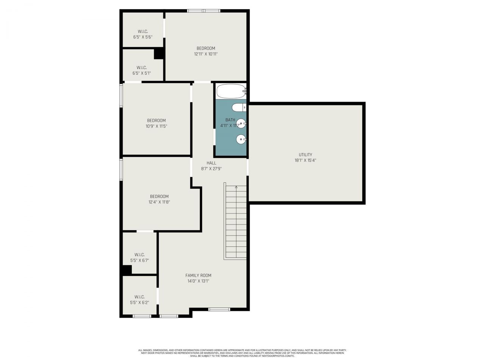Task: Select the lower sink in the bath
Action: pos(241,140)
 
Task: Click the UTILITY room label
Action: pos(305,155)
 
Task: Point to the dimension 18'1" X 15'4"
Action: pos(305,160)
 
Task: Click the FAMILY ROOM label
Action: pos(198,275)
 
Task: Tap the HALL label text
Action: pos(211,163)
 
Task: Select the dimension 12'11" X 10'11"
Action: pos(206,54)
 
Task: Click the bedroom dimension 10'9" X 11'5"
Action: pos(156,126)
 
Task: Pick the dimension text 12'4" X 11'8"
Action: pos(159,202)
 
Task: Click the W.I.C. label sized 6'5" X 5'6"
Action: pos(142,31)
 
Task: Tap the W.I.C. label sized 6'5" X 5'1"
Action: pos(142,67)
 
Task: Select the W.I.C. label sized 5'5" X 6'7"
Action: pos(139,255)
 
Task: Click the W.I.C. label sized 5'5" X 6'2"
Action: pos(139,297)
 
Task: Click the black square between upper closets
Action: pos(159,53)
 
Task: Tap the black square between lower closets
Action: pos(127,270)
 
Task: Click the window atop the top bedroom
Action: pos(204,11)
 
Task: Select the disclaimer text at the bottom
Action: pos(242,353)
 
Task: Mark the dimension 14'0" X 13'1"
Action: pos(198,281)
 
